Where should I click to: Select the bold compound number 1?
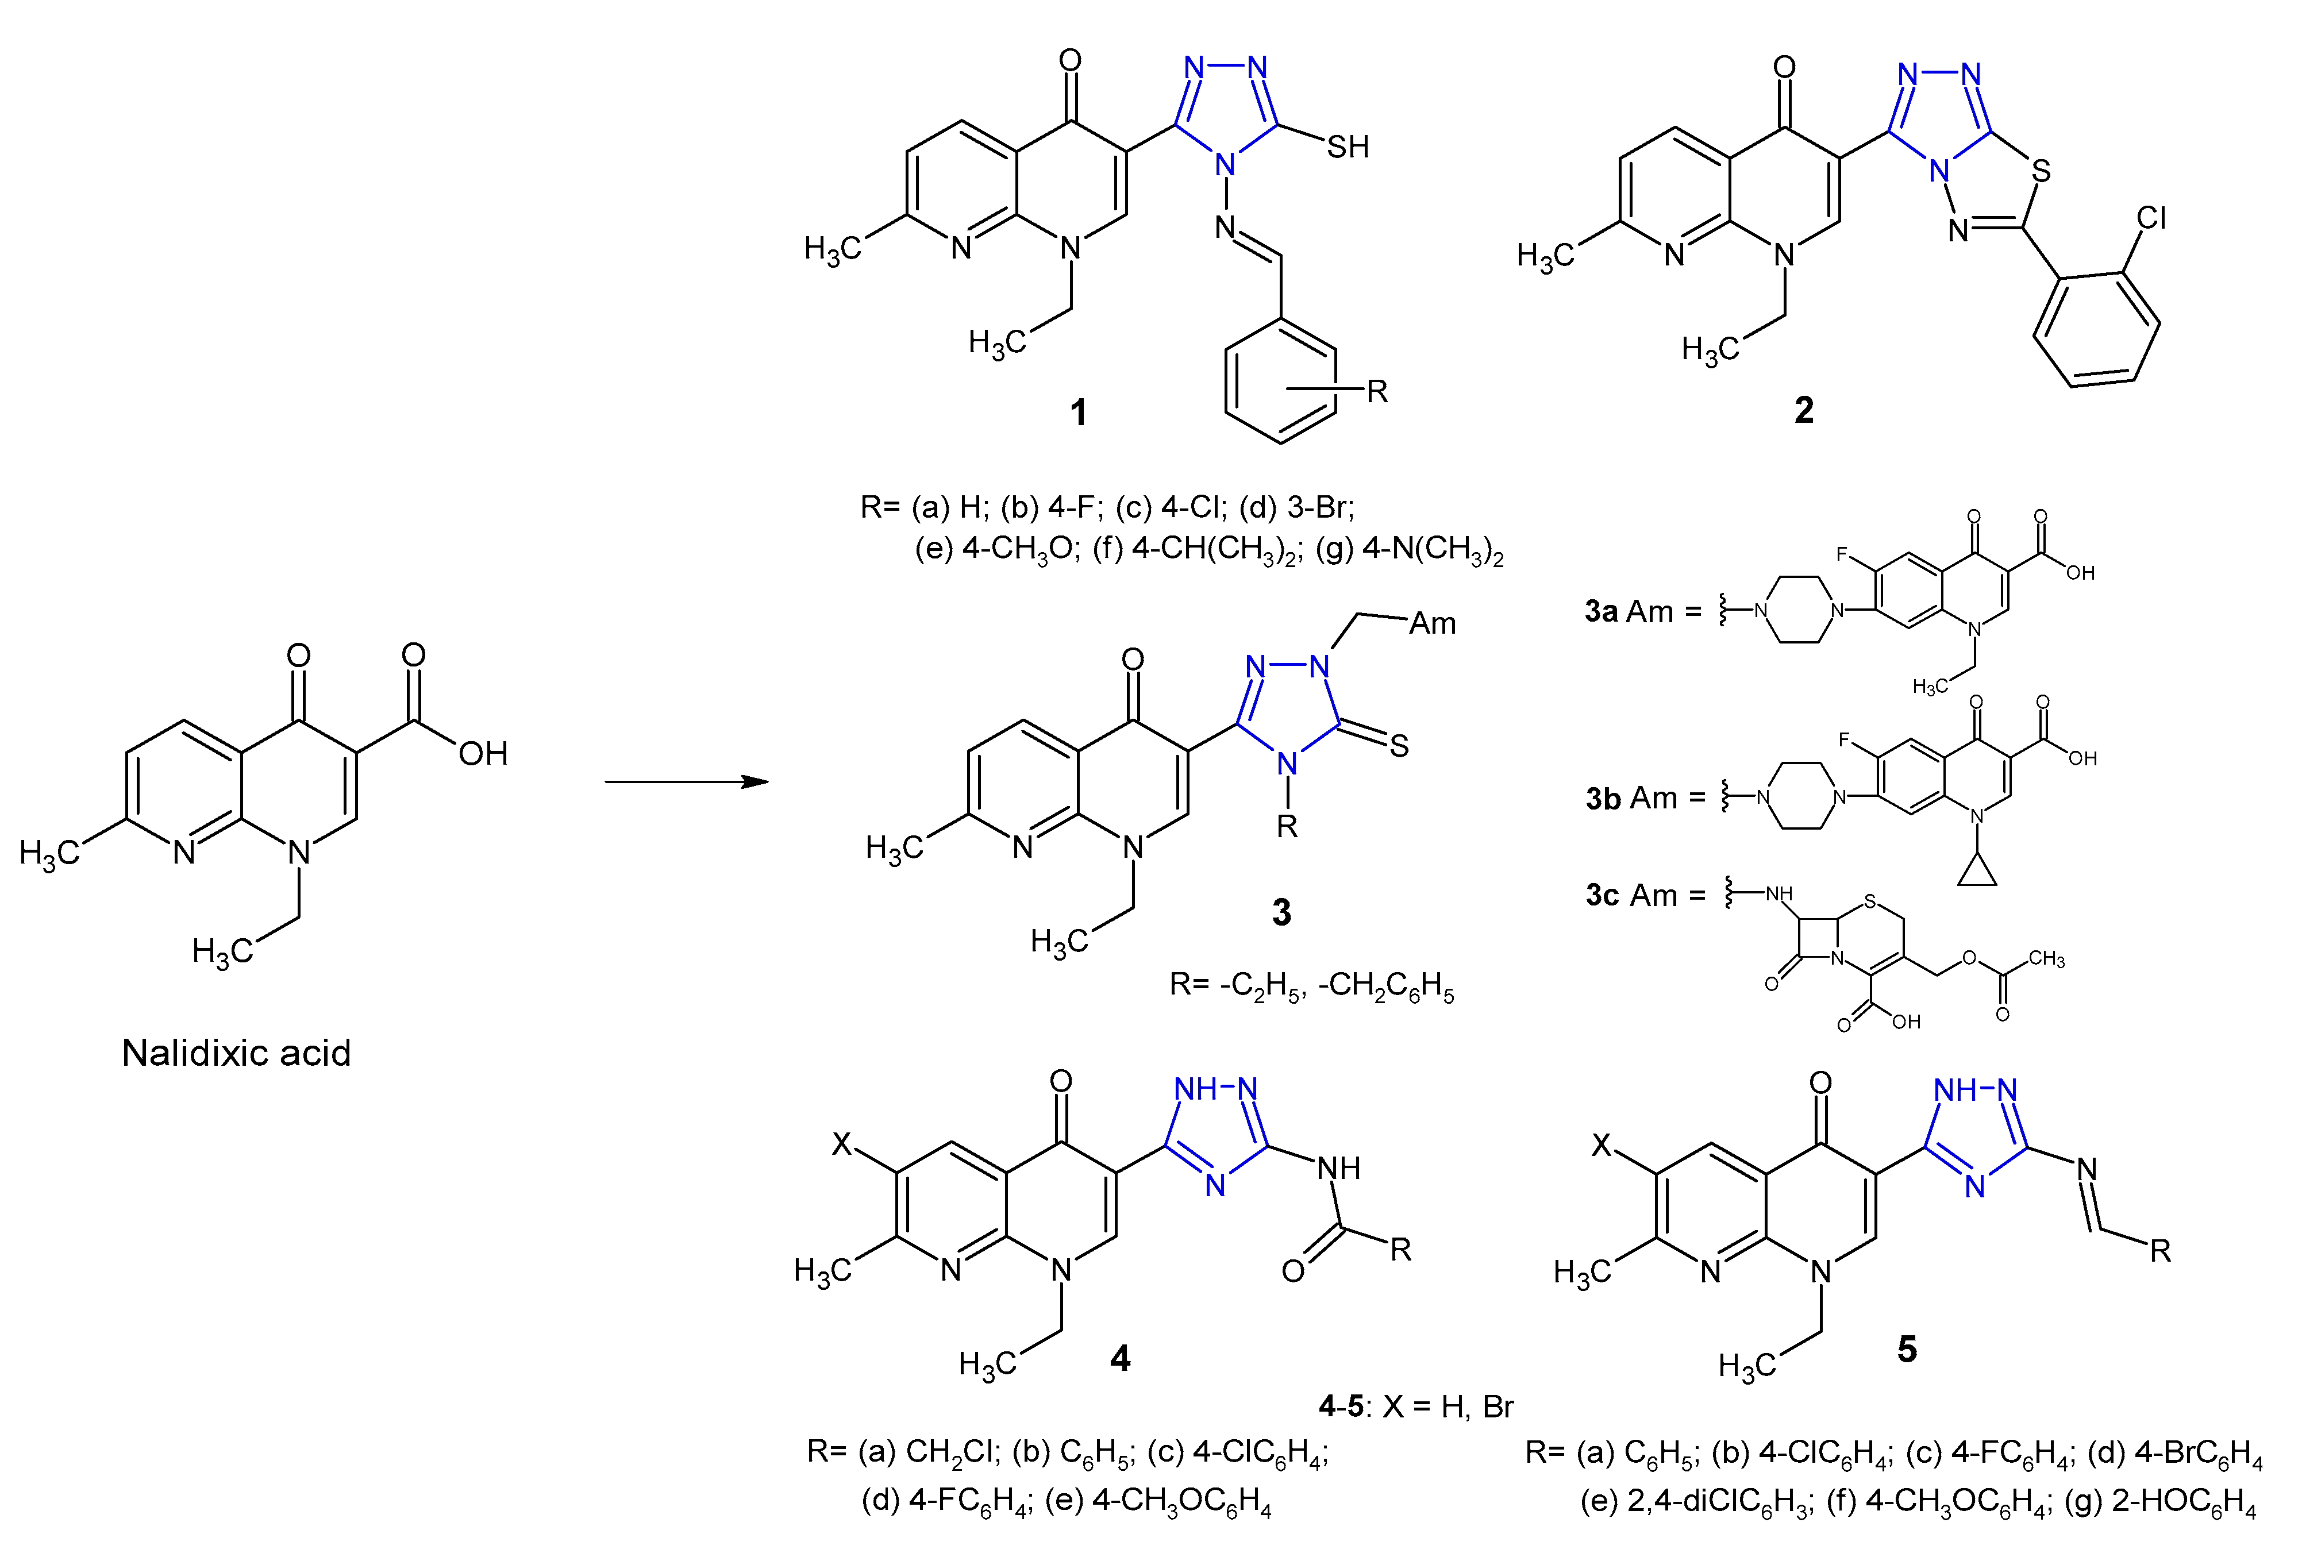pos(1079,411)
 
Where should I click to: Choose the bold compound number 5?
pos(1905,1348)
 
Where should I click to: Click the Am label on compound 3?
pos(1433,623)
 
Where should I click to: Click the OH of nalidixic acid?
pos(482,754)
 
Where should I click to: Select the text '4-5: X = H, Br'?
pos(1415,1405)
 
